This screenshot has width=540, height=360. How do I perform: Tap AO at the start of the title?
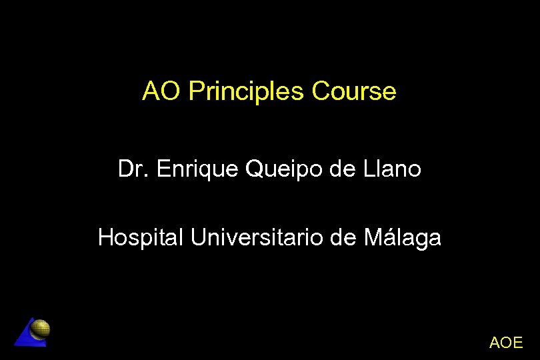tap(160, 91)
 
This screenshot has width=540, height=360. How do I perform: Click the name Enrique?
tap(198, 170)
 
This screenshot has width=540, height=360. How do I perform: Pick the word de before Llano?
tap(343, 169)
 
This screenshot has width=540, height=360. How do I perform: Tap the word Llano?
tap(393, 169)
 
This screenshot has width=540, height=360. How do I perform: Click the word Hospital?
tap(140, 237)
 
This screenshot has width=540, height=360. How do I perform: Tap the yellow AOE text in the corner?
tap(506, 343)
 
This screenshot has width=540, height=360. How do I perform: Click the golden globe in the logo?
tap(41, 329)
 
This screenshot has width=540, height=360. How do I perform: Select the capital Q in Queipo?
tap(254, 170)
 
